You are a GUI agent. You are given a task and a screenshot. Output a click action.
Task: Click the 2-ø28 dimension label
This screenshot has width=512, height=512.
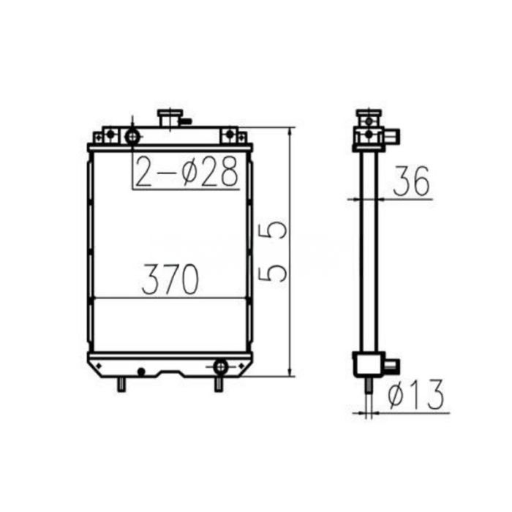point(187,171)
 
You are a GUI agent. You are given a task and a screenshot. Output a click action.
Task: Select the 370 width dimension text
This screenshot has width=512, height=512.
point(171,279)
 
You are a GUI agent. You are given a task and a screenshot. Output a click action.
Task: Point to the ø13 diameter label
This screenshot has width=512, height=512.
point(415,396)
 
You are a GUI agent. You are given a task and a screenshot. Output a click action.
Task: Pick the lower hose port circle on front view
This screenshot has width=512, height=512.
point(220,365)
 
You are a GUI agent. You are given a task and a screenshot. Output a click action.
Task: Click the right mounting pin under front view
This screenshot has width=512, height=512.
point(218,383)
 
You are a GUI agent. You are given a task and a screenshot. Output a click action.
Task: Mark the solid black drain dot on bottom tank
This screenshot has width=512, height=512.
point(141,372)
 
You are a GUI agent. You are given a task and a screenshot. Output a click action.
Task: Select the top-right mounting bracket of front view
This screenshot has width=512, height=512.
point(232,135)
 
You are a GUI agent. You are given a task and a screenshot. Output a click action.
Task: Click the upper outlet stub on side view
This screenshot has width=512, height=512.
point(391,135)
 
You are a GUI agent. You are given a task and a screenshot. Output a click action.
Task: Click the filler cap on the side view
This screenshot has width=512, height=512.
point(369,116)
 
